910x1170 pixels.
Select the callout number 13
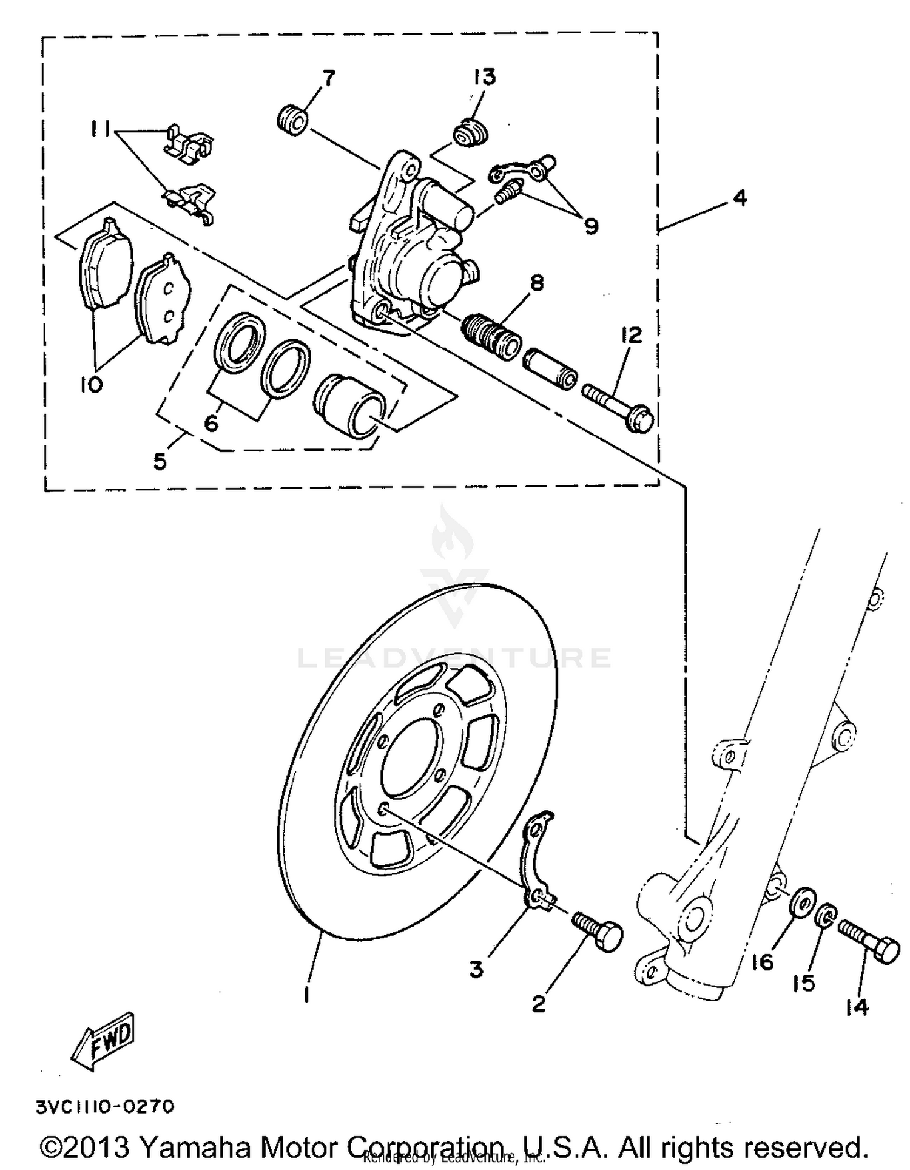[485, 77]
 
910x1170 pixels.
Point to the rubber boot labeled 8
[491, 335]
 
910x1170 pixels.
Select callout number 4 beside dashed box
[740, 198]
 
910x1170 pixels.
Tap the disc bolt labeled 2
[597, 930]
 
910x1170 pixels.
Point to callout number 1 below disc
[307, 994]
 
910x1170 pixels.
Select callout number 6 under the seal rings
[211, 422]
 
